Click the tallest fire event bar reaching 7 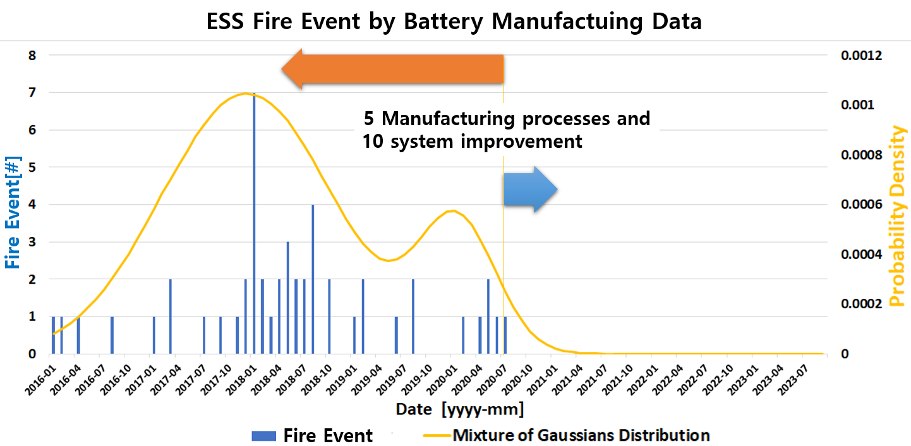point(254,223)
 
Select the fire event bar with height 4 point(313,279)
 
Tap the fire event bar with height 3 point(287,298)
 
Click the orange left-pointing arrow point(392,69)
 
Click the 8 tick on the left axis point(32,56)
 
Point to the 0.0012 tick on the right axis point(861,56)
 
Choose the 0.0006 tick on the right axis point(861,204)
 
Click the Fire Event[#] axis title point(13,212)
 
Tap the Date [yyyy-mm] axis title point(460,409)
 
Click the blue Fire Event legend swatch point(264,436)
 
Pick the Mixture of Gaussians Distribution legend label point(581,435)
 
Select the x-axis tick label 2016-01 point(41,380)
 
